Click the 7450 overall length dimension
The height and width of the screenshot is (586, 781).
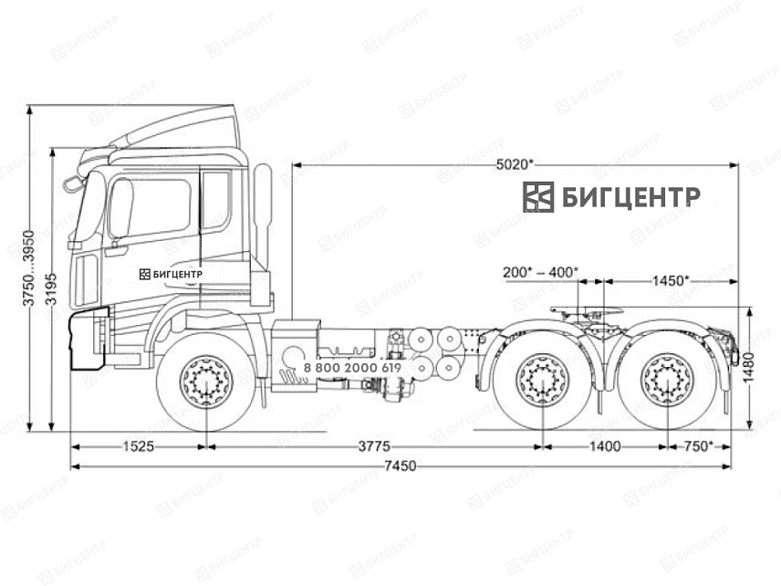[400, 466]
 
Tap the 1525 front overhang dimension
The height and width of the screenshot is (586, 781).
[138, 446]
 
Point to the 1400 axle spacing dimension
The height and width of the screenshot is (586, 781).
[604, 446]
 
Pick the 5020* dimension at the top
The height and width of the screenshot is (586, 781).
[515, 164]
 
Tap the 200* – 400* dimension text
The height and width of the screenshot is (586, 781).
[540, 272]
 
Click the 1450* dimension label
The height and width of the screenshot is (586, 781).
[670, 280]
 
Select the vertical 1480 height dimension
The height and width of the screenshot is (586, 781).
[749, 370]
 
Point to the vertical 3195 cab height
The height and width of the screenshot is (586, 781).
[52, 289]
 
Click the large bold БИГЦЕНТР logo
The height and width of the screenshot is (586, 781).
[611, 196]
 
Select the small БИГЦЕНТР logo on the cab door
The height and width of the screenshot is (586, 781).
[171, 273]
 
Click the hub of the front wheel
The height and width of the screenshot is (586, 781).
[206, 382]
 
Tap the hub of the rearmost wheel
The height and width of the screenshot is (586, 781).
[666, 380]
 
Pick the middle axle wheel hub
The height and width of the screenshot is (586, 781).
[543, 380]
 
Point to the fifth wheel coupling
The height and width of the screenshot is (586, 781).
[587, 315]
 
